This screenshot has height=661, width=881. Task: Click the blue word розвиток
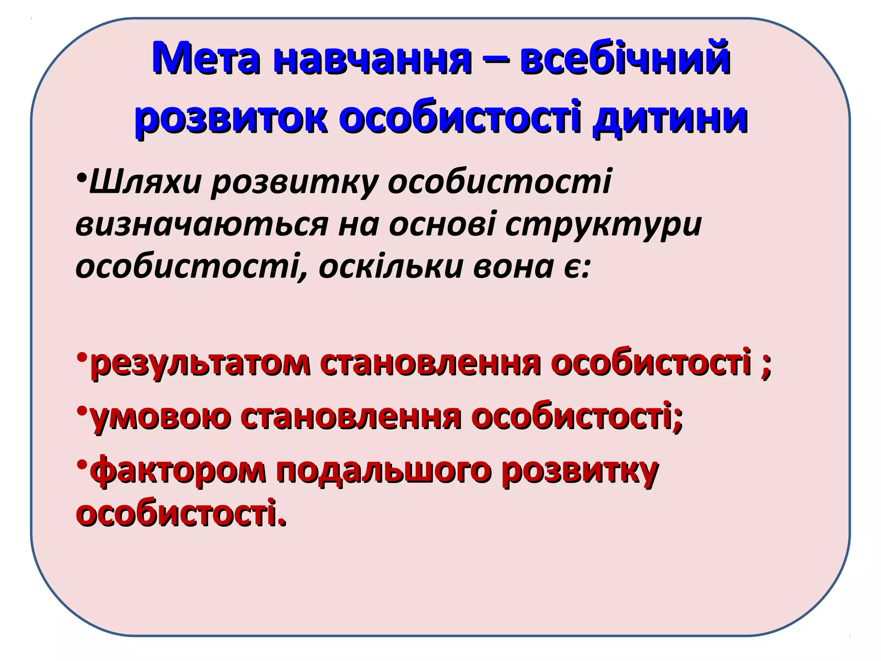(x=230, y=118)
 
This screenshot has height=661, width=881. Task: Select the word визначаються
(x=202, y=225)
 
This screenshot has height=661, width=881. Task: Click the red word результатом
(x=200, y=364)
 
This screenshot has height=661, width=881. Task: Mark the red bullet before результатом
(x=82, y=358)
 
